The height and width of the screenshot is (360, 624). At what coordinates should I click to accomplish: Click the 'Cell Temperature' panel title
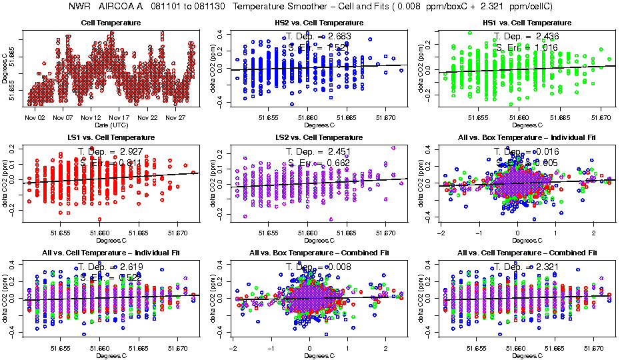pyautogui.click(x=111, y=23)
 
